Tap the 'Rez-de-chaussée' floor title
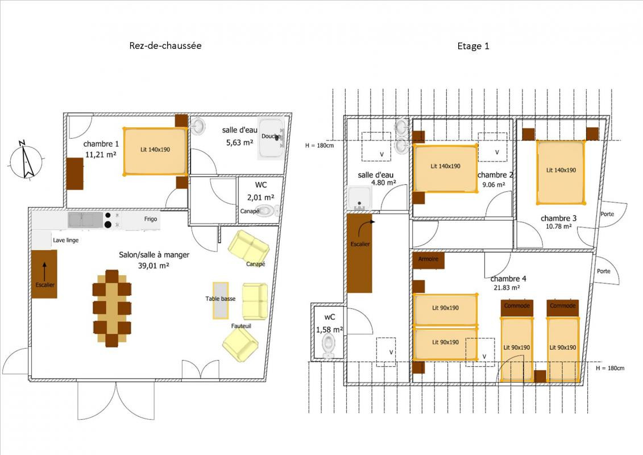165,45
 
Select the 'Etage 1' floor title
473,46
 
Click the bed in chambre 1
155,151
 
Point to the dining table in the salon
112,308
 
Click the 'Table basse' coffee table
221,300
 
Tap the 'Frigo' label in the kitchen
151,218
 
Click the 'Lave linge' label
65,240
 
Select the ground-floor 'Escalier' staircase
44,274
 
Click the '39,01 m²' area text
154,266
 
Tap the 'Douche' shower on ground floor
271,139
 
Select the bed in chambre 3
561,172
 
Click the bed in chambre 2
445,168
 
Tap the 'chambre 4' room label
508,279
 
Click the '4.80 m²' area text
383,183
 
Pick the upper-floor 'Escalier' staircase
360,253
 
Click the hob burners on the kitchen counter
108,220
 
